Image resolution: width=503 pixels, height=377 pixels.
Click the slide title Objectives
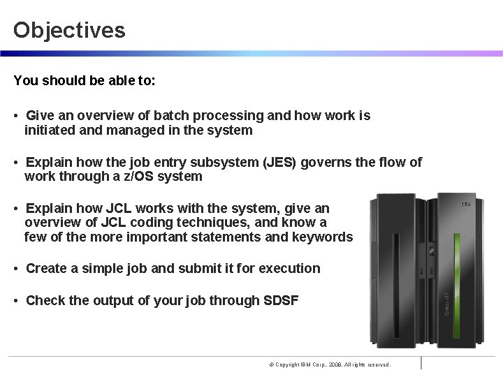tap(69, 30)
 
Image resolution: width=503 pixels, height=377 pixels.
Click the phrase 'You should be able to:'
tap(85, 80)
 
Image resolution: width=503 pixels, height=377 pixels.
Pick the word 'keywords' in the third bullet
tap(325, 237)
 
